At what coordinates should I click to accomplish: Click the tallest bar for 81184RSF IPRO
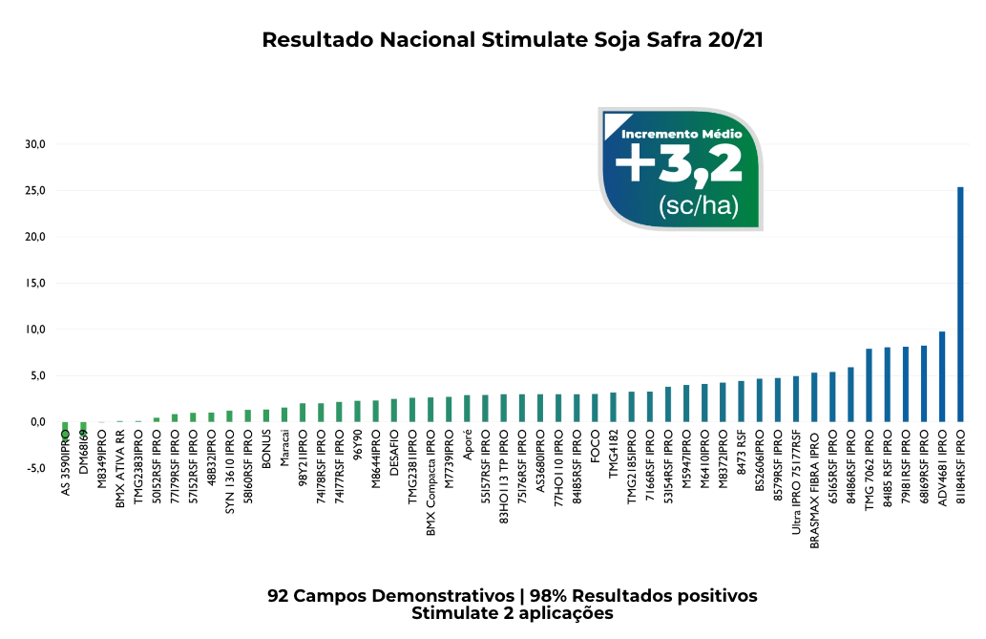(x=960, y=304)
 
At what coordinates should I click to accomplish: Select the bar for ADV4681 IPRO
(x=942, y=376)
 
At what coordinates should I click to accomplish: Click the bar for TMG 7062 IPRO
(x=869, y=385)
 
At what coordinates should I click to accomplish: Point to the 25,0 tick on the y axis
(x=35, y=190)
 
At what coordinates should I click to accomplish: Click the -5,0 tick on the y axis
(x=34, y=468)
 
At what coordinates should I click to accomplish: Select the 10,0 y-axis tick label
(x=35, y=330)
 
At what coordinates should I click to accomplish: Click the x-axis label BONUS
(x=266, y=447)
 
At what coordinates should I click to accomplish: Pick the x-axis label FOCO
(x=595, y=445)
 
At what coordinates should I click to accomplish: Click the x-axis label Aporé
(x=467, y=445)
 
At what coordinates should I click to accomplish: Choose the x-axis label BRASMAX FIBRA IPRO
(x=814, y=488)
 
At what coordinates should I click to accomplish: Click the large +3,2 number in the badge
(x=679, y=164)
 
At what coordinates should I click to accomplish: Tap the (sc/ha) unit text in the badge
(x=692, y=205)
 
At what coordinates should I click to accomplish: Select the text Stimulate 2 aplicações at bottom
(x=513, y=613)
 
